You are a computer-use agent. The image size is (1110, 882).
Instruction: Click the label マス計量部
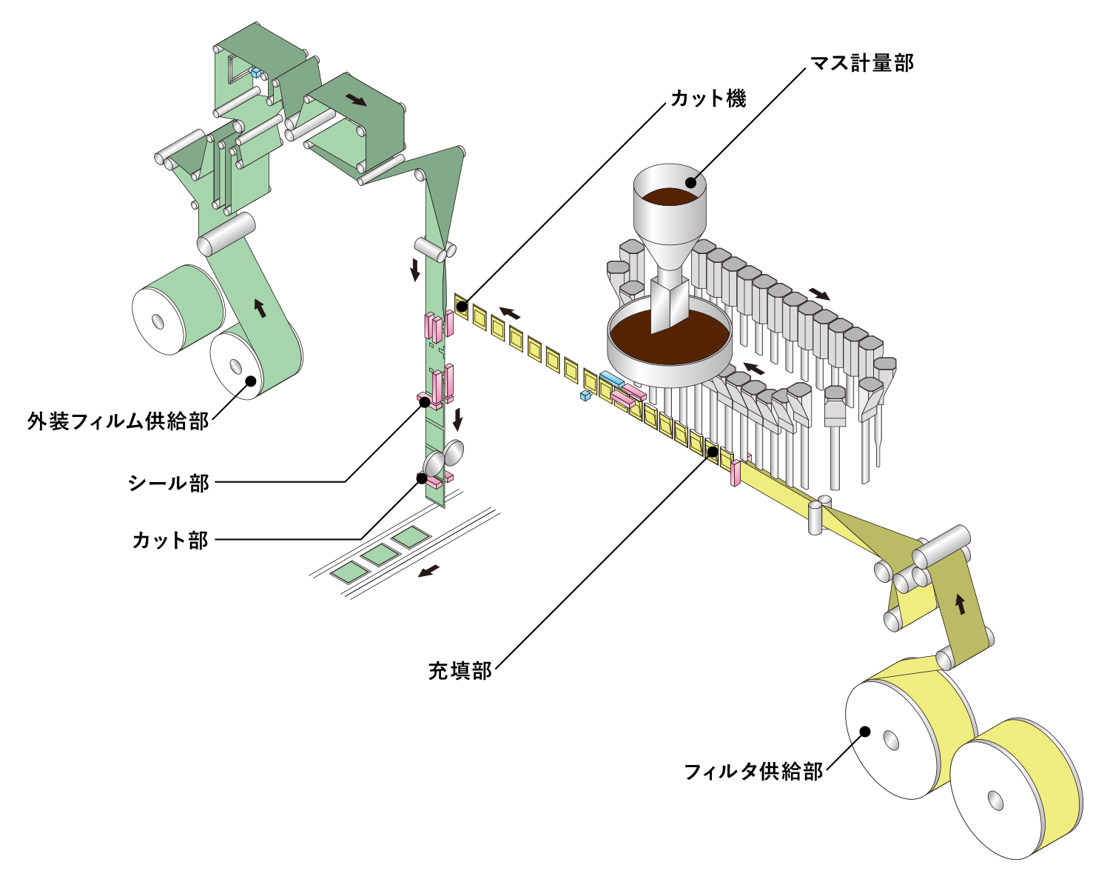[x=862, y=63]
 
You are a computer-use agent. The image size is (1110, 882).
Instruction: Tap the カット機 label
[x=708, y=98]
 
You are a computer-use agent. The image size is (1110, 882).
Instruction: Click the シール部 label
[x=169, y=483]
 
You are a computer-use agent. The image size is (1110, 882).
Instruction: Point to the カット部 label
[x=170, y=540]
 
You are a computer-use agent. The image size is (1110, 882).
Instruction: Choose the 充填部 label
[x=460, y=671]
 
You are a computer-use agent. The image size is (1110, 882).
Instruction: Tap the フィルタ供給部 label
[x=753, y=771]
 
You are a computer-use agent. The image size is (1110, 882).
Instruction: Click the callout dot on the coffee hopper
[x=691, y=181]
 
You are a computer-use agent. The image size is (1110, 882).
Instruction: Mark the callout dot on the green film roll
[x=251, y=381]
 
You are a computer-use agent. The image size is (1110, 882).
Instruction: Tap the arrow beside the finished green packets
[x=428, y=570]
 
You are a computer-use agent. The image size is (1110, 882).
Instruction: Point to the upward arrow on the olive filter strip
[x=961, y=604]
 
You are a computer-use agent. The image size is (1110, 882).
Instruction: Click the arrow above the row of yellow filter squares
[x=509, y=313]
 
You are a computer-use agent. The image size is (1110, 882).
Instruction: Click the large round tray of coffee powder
[x=670, y=348]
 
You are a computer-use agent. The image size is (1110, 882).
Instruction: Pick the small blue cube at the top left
[x=256, y=73]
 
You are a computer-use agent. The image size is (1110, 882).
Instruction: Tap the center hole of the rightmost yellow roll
[x=995, y=801]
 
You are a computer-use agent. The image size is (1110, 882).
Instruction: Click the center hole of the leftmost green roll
[x=158, y=321]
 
